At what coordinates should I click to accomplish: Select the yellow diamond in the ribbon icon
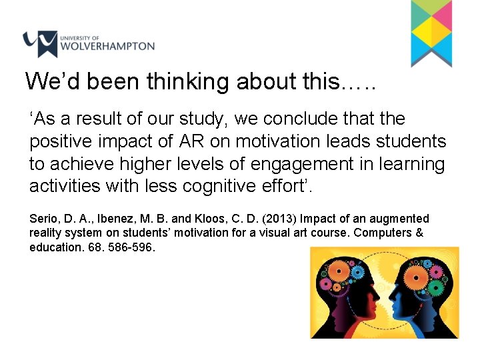tap(431, 30)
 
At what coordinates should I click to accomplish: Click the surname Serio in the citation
tap(43, 219)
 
